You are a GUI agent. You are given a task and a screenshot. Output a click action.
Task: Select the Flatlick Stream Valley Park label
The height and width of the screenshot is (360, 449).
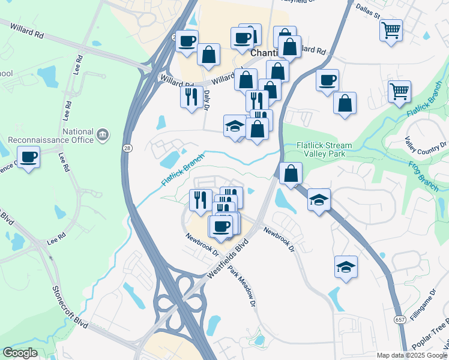point(324,149)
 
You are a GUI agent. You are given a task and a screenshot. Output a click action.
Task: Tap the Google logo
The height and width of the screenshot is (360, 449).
point(20,353)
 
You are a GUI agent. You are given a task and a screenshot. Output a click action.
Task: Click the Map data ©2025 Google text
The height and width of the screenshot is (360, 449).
point(412,355)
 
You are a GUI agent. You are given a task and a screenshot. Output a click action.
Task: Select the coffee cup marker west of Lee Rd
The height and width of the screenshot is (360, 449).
point(28,158)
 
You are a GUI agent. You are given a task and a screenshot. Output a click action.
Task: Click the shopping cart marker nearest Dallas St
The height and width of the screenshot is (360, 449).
point(391,29)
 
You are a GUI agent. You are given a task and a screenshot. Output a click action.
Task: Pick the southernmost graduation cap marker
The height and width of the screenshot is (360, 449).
point(346,267)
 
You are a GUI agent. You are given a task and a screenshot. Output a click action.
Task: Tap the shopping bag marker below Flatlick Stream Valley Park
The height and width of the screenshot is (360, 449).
point(290,174)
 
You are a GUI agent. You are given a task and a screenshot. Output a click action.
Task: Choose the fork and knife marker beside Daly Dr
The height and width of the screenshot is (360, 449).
point(191,97)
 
